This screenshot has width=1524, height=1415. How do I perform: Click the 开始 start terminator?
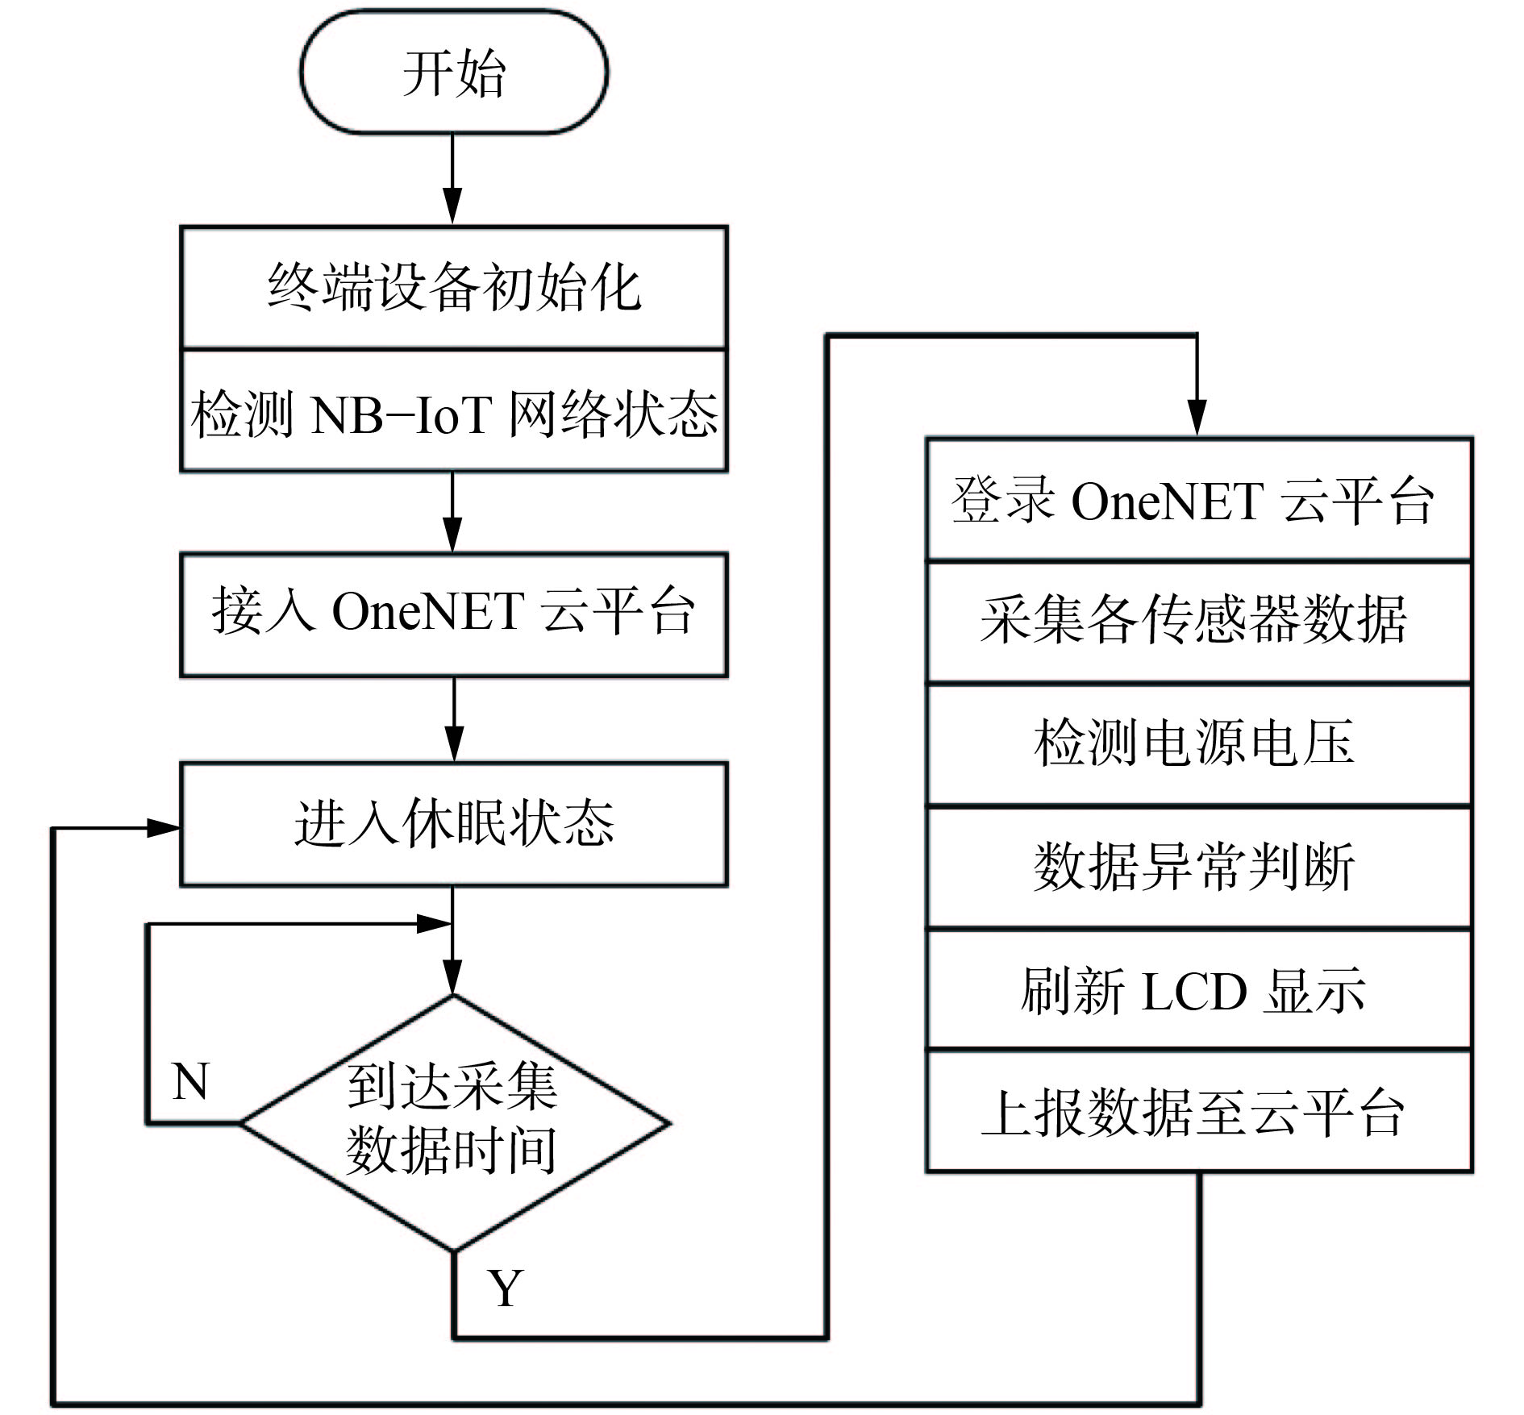pyautogui.click(x=454, y=73)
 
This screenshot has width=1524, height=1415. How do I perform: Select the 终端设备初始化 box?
pyautogui.click(x=454, y=288)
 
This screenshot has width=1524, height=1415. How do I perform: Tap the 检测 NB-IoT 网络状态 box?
pyautogui.click(x=454, y=412)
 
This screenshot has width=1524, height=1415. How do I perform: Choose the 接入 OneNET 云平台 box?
pyautogui.click(x=454, y=614)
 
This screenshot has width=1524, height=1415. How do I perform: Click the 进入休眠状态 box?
pyautogui.click(x=454, y=824)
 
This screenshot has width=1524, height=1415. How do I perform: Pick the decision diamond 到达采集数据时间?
pyautogui.click(x=454, y=1122)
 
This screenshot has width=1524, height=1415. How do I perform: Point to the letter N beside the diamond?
pyautogui.click(x=190, y=1082)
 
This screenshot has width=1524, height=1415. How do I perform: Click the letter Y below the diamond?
pyautogui.click(x=506, y=1288)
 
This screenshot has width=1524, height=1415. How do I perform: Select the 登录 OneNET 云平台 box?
pyautogui.click(x=1199, y=500)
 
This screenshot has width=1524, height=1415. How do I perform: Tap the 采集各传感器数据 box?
pyautogui.click(x=1199, y=622)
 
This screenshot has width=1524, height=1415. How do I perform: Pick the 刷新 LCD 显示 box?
pyautogui.click(x=1199, y=990)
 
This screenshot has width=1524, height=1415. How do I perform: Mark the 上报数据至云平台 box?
pyautogui.click(x=1199, y=1113)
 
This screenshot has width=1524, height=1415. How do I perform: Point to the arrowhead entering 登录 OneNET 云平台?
pyautogui.click(x=1197, y=420)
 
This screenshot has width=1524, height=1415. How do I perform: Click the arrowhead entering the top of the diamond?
pyautogui.click(x=453, y=978)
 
